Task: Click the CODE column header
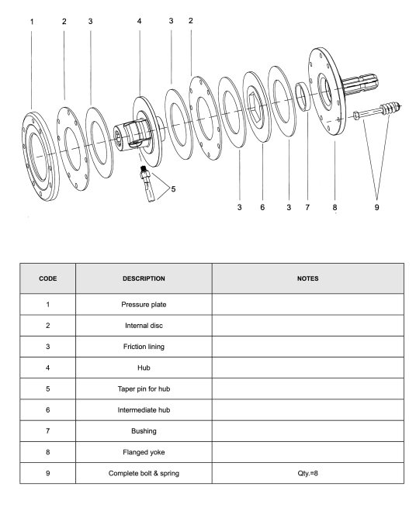[x=47, y=278]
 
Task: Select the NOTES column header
[x=307, y=278]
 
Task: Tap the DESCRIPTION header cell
[x=144, y=278]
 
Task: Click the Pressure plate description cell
[x=144, y=305]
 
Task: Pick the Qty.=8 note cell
[x=307, y=473]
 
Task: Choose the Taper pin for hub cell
[x=144, y=388]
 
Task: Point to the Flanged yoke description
[x=144, y=452]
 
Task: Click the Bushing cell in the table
[x=144, y=431]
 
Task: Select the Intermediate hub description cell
[x=144, y=410]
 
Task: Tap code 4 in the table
[x=47, y=368]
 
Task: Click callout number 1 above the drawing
[x=32, y=22]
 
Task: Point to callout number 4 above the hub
[x=140, y=21]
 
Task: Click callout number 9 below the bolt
[x=376, y=207]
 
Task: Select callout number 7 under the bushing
[x=307, y=207]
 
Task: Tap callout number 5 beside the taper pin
[x=173, y=189]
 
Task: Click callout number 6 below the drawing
[x=262, y=207]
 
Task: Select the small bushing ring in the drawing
[x=303, y=96]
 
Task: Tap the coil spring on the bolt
[x=390, y=108]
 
